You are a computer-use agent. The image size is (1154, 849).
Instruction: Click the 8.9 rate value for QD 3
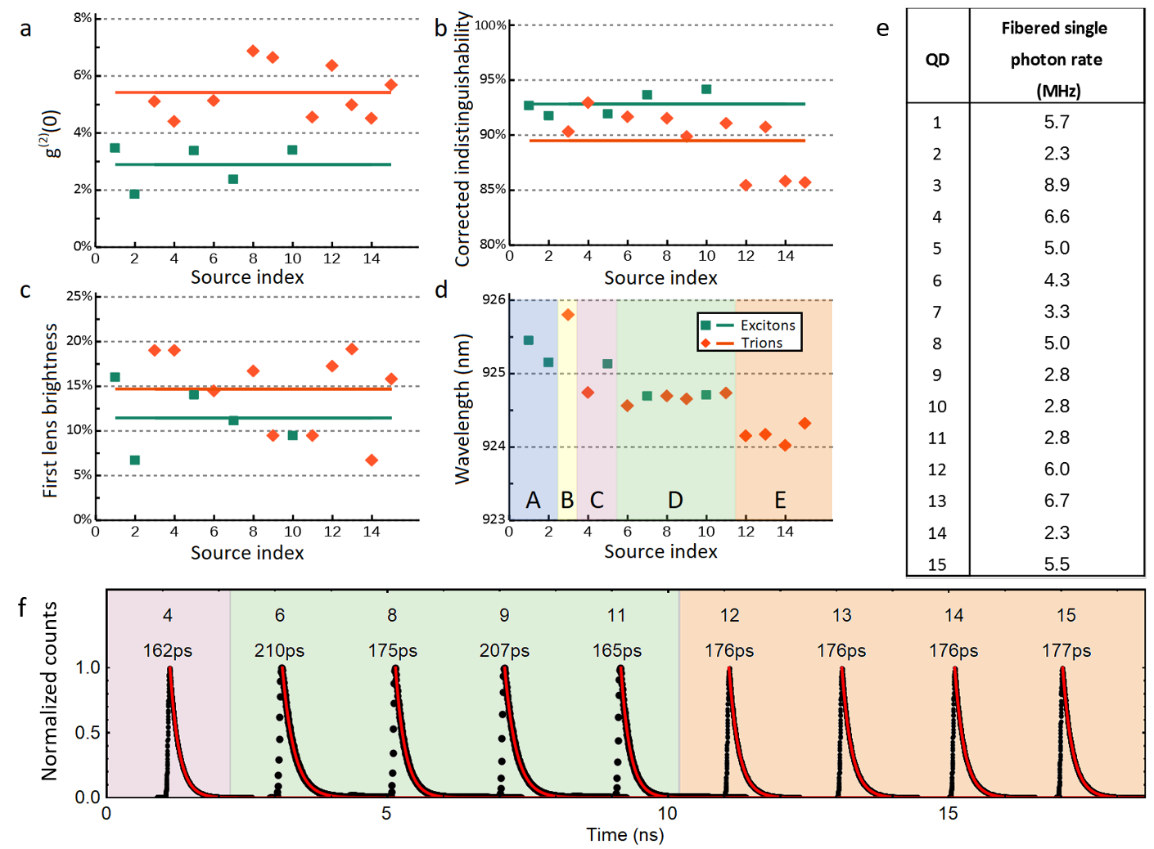[x=1056, y=185]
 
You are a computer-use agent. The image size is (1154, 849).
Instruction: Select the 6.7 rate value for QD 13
[x=1056, y=501]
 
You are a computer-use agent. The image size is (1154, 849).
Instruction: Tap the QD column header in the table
[x=937, y=60]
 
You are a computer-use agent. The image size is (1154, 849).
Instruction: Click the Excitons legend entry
[x=767, y=325]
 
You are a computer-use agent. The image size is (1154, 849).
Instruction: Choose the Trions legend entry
[x=761, y=343]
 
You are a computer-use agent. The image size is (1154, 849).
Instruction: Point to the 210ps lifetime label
[x=279, y=650]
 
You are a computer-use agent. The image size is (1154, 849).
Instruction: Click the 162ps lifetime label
[x=167, y=650]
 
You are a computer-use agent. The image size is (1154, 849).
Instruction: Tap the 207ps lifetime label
[x=504, y=650]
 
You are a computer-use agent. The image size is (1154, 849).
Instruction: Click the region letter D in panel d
[x=675, y=500]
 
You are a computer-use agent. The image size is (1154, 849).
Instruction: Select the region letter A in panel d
[x=533, y=500]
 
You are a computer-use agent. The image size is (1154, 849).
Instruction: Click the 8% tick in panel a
[x=83, y=18]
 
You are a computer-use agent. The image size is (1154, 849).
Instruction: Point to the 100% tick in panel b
[x=491, y=25]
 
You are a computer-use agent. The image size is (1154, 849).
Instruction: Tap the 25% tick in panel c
[x=79, y=296]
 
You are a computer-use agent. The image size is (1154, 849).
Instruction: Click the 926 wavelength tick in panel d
[x=494, y=299]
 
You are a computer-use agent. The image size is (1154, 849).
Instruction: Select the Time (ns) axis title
[x=624, y=834]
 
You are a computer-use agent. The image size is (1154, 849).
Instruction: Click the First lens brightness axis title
[x=51, y=411]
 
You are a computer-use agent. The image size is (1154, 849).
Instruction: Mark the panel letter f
[x=22, y=607]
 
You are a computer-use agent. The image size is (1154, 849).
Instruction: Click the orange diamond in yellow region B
[x=567, y=315]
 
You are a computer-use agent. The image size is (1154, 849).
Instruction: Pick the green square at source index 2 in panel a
[x=134, y=194]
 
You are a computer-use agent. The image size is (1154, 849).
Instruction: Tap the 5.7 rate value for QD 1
[x=1056, y=122]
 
